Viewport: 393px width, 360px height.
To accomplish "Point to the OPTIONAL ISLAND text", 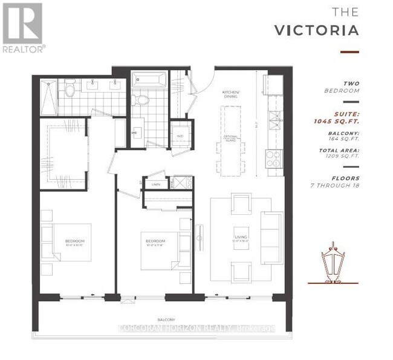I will (x=229, y=138).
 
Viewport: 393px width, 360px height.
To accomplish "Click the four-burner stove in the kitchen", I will (x=273, y=159).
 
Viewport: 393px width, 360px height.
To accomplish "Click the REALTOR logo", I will (x=22, y=27).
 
